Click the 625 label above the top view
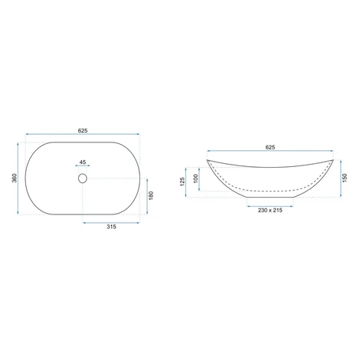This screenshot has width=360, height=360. click(x=83, y=131)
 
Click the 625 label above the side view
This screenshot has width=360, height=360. click(x=270, y=147)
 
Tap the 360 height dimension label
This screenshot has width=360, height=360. click(x=15, y=178)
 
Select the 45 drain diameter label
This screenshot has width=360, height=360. click(x=83, y=162)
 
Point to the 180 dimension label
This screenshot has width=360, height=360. click(x=151, y=195)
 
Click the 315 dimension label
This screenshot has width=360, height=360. click(x=111, y=227)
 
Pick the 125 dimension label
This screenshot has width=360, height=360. click(x=182, y=182)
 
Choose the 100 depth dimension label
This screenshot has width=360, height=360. click(x=196, y=178)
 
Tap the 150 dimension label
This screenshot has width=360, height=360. click(x=345, y=178)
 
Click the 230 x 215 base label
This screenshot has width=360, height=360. click(x=270, y=210)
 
